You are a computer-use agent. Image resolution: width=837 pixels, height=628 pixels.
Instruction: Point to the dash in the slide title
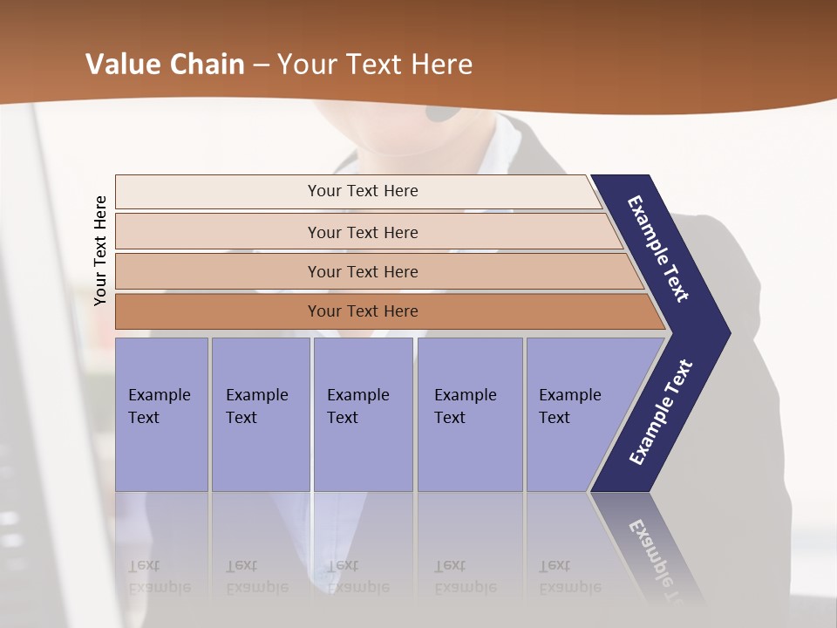coord(261,65)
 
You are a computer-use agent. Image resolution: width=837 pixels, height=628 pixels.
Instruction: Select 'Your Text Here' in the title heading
coord(374,65)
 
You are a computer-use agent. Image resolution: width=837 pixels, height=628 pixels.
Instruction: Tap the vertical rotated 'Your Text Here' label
coord(100,250)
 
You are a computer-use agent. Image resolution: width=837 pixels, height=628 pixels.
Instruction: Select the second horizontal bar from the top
coord(362,232)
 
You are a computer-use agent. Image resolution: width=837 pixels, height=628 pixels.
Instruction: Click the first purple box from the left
coord(161,414)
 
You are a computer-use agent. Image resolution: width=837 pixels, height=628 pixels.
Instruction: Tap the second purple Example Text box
coord(261,414)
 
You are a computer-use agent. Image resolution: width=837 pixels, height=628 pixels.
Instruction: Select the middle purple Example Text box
coord(363,414)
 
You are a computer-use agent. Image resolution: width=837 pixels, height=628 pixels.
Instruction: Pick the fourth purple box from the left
coord(470,414)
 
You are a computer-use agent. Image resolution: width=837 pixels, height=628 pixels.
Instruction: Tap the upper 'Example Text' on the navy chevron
coord(659,249)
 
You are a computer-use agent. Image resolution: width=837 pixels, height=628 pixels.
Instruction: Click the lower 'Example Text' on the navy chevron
coord(661,413)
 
